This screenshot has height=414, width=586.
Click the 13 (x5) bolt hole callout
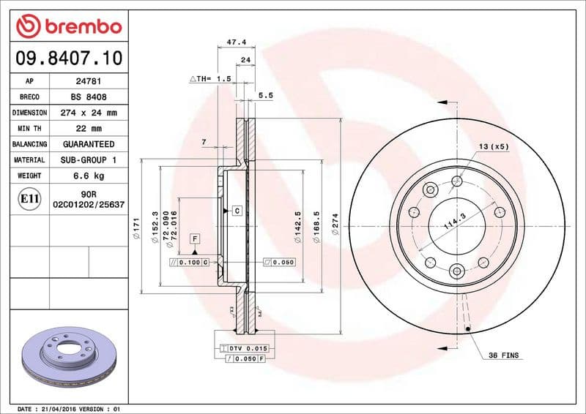(x=494, y=147)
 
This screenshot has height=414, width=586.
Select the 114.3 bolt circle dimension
(x=453, y=222)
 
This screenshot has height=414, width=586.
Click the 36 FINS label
(x=503, y=355)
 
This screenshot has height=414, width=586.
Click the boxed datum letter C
(x=237, y=211)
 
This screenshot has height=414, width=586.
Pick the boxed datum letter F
(x=195, y=238)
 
